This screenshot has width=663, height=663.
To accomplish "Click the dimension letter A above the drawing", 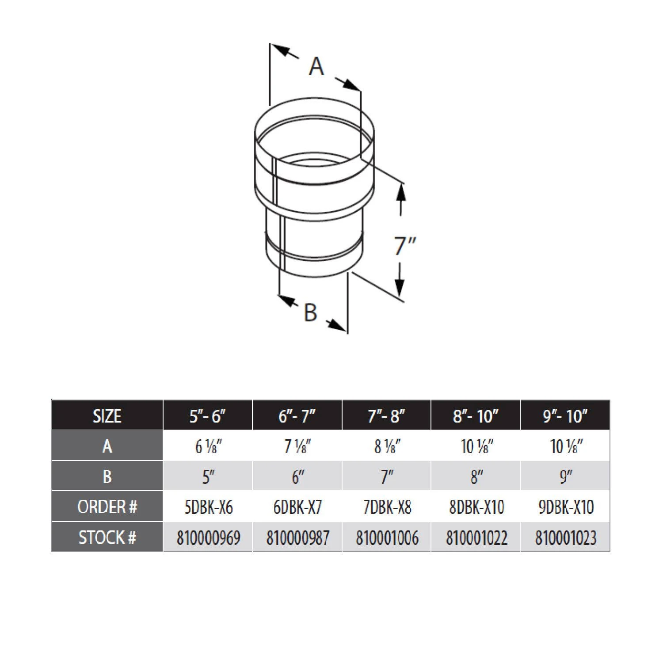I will coord(316,67).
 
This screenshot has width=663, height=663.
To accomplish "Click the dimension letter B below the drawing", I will coord(311,312).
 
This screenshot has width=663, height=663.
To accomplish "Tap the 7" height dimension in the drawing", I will coord(405,246).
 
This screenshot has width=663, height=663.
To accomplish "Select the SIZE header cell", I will coord(107,416).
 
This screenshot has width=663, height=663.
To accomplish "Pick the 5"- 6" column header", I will coord(208,416).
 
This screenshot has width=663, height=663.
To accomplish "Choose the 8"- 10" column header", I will coord(476,416).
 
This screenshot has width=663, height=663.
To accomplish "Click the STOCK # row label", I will coord(107,537).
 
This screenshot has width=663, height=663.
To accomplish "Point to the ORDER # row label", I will coord(107,507).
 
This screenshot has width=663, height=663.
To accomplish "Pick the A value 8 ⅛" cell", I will coord(387,446).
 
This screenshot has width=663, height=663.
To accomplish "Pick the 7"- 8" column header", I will coord(386,416).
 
